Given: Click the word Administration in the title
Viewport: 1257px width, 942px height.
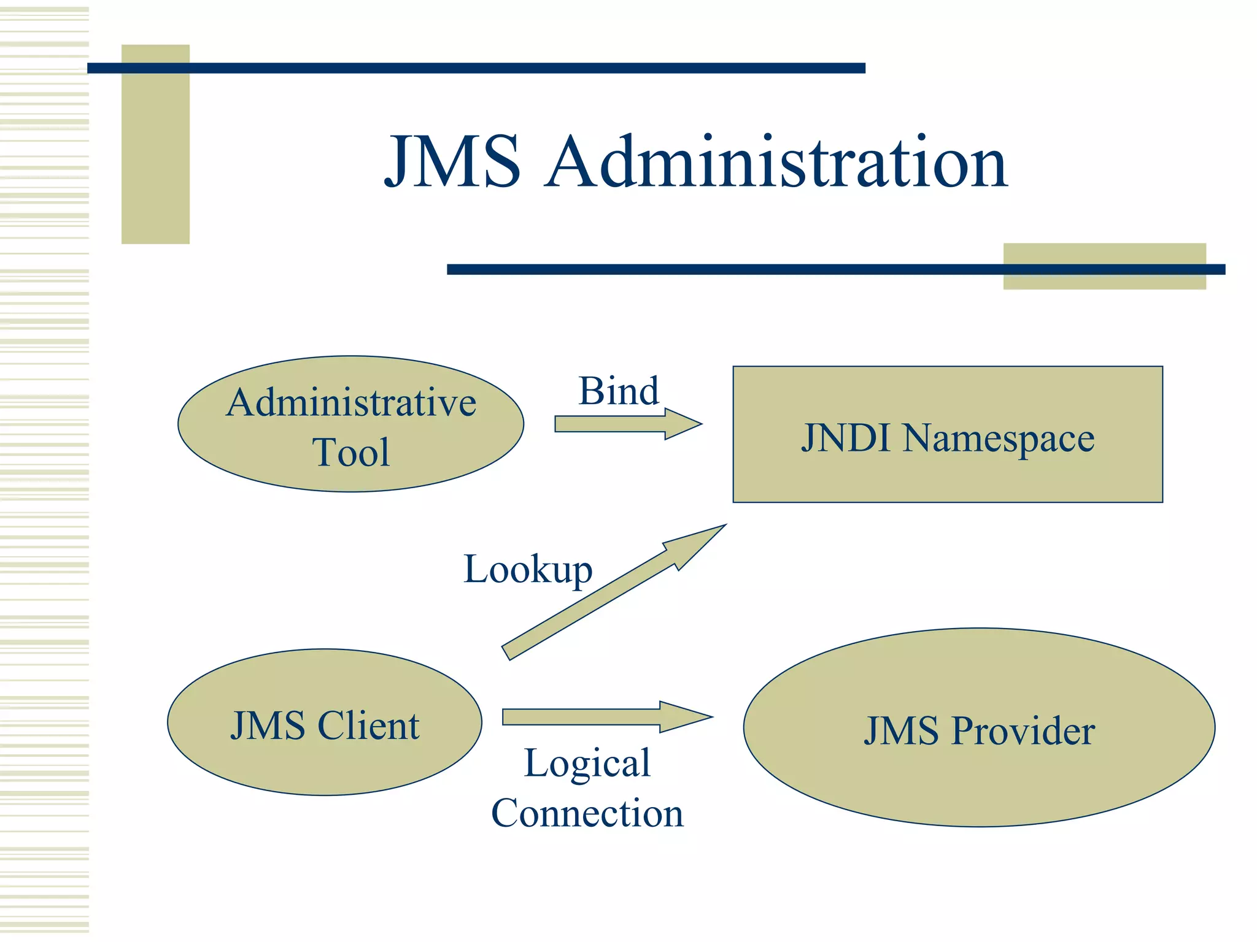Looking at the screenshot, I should pos(776,162).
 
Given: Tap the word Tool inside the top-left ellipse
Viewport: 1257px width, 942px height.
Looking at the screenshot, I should pos(350,453).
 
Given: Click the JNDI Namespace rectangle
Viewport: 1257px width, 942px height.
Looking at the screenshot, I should pos(947,475).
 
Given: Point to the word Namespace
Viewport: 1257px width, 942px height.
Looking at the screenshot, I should pos(998,439).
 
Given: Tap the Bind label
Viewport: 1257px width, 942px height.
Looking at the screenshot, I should pos(619,391).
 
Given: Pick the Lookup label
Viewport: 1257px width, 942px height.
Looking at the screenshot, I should pos(528,569).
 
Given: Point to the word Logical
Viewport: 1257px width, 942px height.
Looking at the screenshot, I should pos(587,764).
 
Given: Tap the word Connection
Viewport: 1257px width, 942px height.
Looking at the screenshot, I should pos(587,813).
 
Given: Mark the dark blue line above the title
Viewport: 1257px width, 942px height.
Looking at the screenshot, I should pos(476,68).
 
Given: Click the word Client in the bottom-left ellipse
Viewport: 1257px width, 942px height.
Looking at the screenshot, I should pos(368,726).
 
